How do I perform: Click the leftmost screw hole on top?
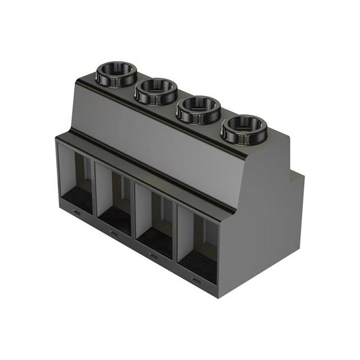(116, 73)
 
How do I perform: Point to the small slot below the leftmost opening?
(76, 213)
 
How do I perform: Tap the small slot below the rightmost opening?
(196, 280)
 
